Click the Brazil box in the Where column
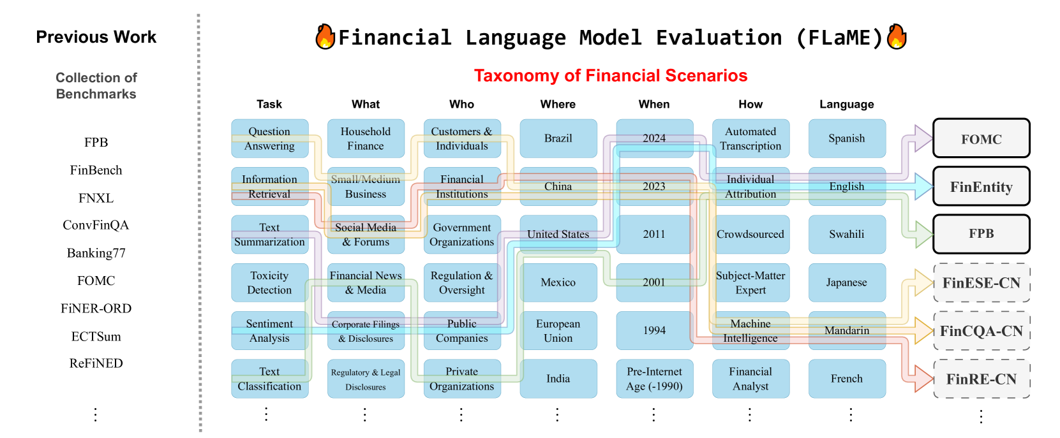tap(558, 138)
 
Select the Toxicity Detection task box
tap(270, 282)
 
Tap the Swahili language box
tap(847, 234)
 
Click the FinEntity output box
tap(982, 186)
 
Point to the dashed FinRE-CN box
tap(982, 379)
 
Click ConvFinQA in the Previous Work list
tap(96, 225)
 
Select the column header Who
tap(461, 104)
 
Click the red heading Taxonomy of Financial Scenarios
tap(611, 76)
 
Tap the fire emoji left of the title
tap(325, 36)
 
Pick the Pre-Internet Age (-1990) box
tap(655, 379)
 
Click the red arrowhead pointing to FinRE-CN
tap(923, 379)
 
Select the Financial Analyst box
tap(751, 379)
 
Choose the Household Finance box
tap(366, 138)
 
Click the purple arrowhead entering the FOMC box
tap(923, 138)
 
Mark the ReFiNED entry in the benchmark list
tap(96, 363)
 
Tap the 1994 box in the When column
tap(655, 330)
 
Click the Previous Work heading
tap(96, 37)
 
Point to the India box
tap(558, 379)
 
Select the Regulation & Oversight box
tap(462, 282)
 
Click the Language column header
tap(847, 104)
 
